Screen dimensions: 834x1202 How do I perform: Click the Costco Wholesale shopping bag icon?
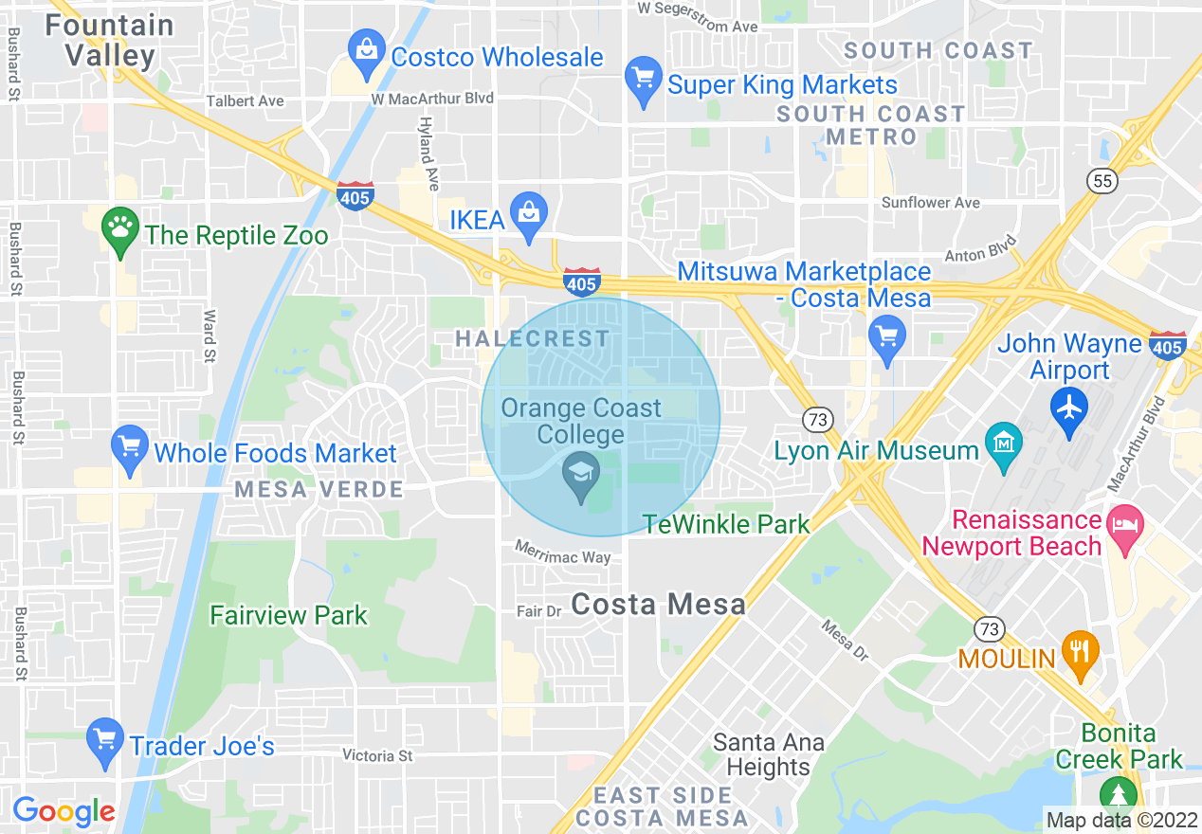366,55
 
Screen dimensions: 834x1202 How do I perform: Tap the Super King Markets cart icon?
644,82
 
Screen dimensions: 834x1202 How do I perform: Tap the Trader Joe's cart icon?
104,744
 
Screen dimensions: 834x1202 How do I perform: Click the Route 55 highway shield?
1102,180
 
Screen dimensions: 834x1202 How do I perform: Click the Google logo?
64,811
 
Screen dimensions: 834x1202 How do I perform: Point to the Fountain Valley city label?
110,40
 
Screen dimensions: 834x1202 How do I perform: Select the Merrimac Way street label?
563,553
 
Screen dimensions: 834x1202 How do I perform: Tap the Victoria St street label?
378,756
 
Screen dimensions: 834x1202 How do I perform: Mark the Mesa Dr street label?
846,641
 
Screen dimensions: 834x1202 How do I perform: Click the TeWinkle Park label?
726,523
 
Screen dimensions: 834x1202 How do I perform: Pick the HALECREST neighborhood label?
533,338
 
